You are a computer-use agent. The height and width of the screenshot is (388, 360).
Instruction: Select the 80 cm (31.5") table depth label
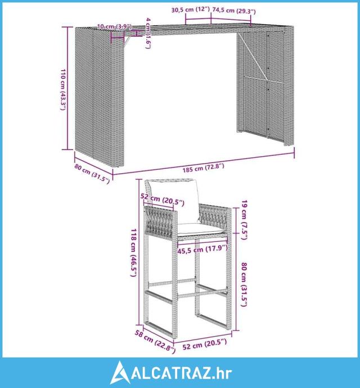92,174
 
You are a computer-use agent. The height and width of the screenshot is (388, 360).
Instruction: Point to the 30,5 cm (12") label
190,10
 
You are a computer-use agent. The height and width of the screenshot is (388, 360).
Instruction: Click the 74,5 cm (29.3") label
234,10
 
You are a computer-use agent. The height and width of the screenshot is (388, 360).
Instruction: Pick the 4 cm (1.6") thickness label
148,33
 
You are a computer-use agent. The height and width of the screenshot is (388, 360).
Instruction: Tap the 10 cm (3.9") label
114,26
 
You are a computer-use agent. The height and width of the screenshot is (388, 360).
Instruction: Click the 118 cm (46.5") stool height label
133,252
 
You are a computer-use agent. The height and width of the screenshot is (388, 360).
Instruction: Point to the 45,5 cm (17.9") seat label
202,249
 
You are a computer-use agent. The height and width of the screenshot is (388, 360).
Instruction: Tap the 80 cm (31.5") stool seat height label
244,284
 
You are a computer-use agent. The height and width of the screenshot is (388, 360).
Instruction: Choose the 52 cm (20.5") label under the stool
205,344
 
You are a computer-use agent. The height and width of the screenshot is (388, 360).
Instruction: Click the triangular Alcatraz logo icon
120,372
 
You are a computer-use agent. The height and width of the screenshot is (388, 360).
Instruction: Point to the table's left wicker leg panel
99,95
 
